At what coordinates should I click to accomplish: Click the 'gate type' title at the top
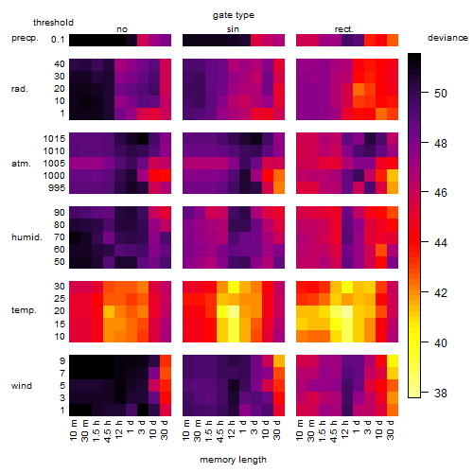point(234,15)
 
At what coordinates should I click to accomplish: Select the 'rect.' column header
point(343,29)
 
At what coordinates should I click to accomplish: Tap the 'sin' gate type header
point(233,29)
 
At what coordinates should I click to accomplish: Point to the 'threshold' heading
point(53,23)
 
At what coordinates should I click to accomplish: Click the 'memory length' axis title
point(233,460)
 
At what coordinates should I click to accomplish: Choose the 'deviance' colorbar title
point(447,38)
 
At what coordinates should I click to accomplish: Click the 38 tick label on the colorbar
point(441,393)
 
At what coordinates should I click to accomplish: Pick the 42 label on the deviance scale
point(441,293)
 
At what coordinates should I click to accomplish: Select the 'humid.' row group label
point(26,237)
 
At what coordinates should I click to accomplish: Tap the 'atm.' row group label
point(21,164)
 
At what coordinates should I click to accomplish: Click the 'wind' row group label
point(22,386)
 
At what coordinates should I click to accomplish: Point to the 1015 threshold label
point(54,139)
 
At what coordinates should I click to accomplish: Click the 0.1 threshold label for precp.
point(58,40)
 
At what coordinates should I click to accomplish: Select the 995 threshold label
point(57,188)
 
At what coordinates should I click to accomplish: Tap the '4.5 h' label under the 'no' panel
point(107,431)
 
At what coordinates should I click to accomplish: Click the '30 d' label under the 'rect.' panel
point(391,429)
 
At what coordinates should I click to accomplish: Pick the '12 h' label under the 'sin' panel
point(232,429)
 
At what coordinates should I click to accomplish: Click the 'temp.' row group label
point(24,310)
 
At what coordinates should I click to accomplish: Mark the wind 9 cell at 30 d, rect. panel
point(393,361)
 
